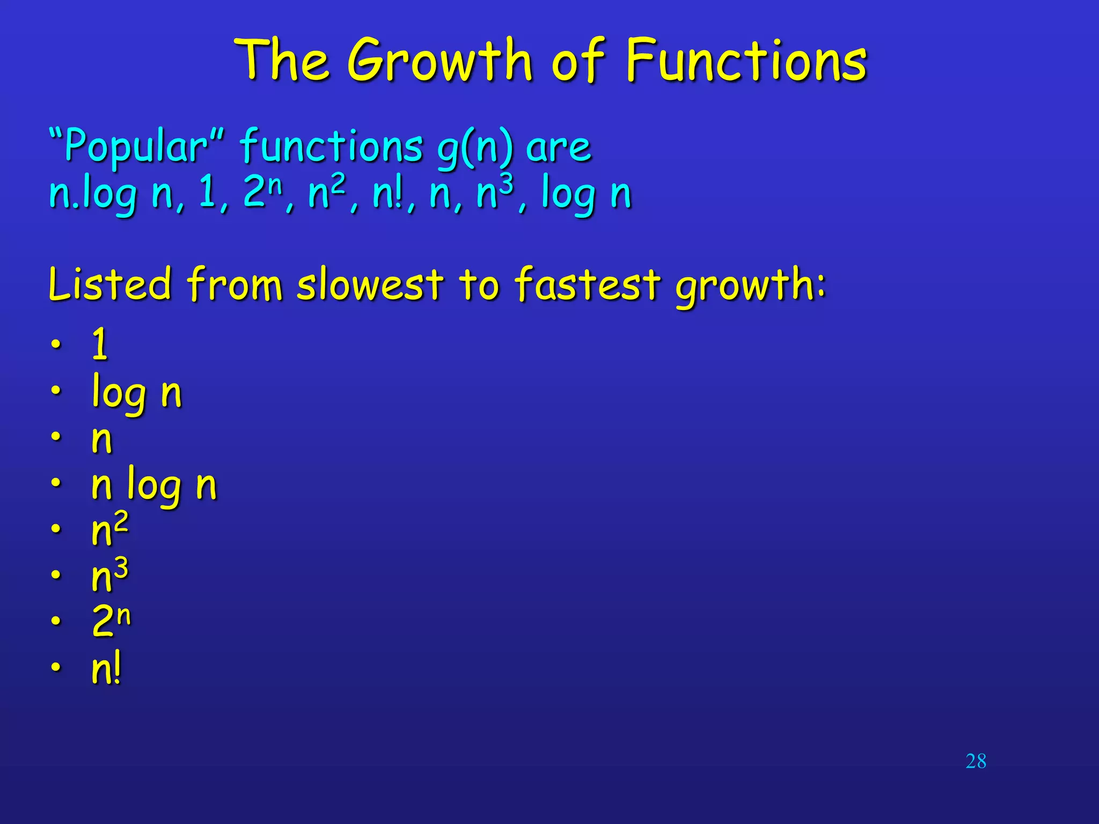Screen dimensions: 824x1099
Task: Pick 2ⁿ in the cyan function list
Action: pos(261,192)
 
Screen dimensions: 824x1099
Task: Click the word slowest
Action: pos(370,284)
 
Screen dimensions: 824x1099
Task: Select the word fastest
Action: pos(587,284)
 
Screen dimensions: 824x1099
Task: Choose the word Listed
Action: pos(110,284)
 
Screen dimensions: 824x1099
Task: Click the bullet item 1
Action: pos(100,344)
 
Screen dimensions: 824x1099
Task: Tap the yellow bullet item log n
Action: pos(136,394)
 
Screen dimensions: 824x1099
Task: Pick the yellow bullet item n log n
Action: pos(154,486)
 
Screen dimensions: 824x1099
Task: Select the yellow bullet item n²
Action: pos(109,529)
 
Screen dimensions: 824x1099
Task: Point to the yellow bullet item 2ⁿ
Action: pos(111,621)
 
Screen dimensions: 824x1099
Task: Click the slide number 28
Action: pos(976,761)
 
